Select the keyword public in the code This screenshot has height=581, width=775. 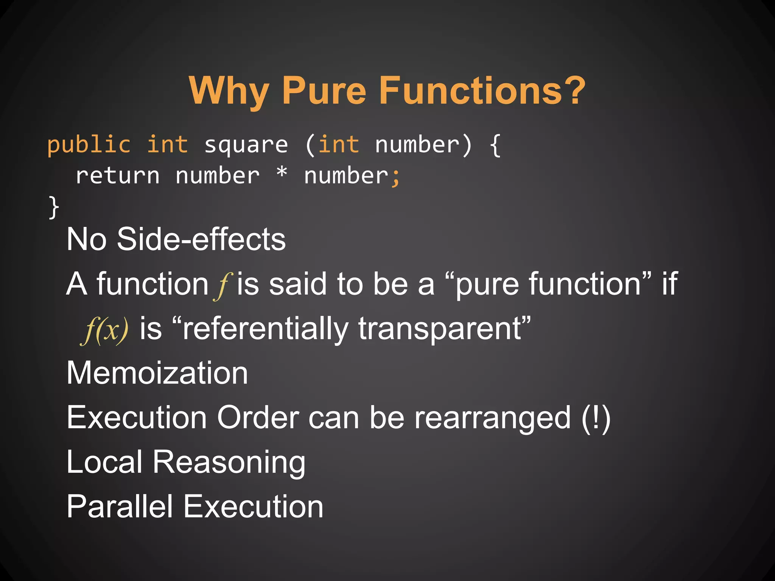tap(89, 145)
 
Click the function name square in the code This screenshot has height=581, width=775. tap(246, 145)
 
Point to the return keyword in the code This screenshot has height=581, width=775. tap(118, 176)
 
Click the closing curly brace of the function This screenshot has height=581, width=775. tap(54, 207)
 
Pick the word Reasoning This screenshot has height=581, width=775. tap(229, 463)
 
